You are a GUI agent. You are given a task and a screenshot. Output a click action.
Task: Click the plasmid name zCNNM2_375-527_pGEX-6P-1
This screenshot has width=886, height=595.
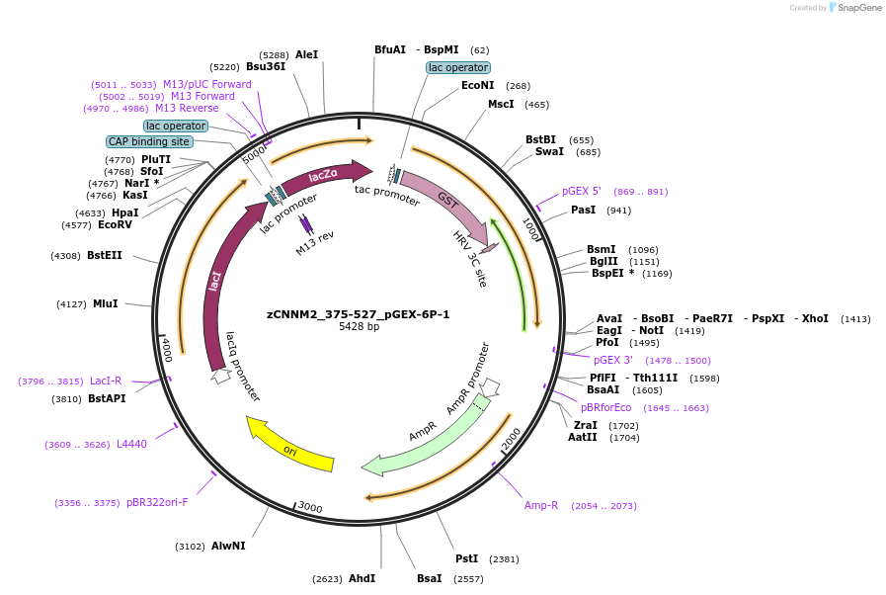(x=359, y=314)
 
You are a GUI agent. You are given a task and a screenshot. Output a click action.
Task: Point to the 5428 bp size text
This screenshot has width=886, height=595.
(x=359, y=327)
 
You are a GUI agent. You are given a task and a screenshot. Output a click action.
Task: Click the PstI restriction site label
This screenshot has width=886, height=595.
(x=466, y=558)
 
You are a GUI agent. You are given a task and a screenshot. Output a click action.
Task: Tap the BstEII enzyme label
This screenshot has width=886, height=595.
(x=105, y=255)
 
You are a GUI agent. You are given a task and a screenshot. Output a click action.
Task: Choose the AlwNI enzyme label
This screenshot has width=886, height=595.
(x=228, y=546)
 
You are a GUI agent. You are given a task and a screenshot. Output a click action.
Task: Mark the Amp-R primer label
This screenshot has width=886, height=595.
(x=541, y=505)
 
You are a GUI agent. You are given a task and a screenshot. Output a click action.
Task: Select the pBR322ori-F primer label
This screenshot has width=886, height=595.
(x=157, y=502)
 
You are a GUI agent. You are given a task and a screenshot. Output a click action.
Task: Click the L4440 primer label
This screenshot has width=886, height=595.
(x=131, y=444)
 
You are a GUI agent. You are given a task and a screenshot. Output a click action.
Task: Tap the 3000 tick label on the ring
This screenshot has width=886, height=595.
(x=310, y=508)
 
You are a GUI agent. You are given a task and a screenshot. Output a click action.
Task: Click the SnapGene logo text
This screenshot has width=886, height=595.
(x=856, y=8)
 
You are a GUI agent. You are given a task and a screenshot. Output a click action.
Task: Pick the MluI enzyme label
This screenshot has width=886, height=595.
(x=105, y=303)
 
